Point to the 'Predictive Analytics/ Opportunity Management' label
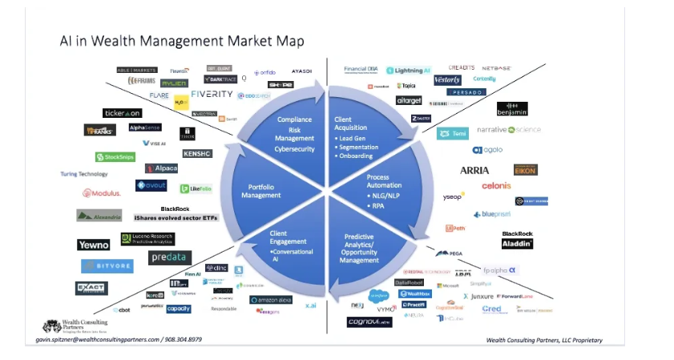click(359, 249)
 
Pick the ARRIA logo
click(474, 170)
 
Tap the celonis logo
click(496, 185)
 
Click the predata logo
click(170, 257)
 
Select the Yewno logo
click(94, 245)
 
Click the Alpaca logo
click(162, 168)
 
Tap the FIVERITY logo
click(212, 94)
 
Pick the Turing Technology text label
click(84, 174)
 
